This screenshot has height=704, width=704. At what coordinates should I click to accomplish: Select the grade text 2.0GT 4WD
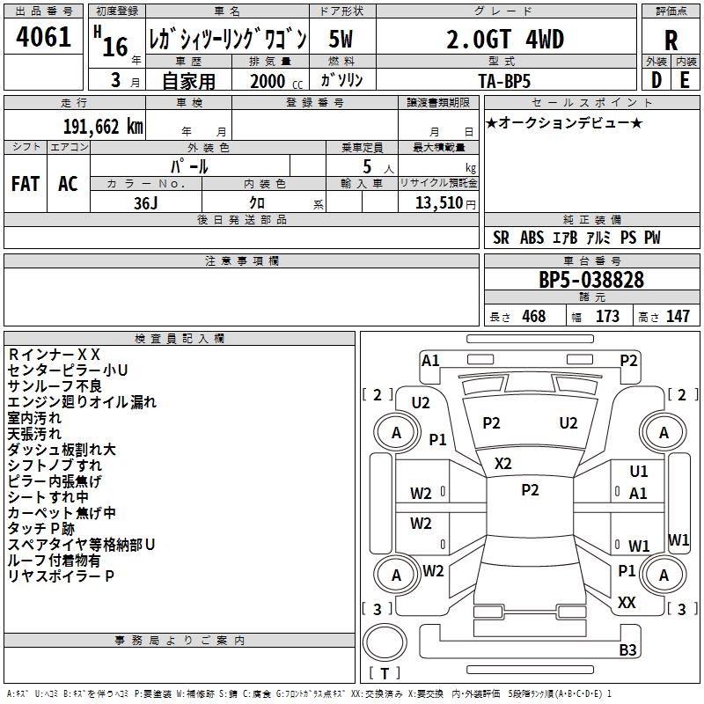click(505, 40)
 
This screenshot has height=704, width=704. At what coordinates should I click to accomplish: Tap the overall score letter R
click(671, 40)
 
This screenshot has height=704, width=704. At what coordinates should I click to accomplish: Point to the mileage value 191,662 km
click(102, 126)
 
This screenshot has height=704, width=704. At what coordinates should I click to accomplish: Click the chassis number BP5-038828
click(591, 280)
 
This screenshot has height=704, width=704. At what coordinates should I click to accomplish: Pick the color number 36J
click(146, 202)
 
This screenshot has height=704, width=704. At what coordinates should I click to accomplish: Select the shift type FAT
click(25, 184)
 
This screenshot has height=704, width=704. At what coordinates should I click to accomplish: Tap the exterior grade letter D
click(656, 80)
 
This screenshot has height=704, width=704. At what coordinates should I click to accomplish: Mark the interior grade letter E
click(685, 80)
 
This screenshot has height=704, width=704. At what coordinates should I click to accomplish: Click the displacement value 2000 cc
click(275, 81)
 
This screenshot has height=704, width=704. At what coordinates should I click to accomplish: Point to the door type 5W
click(341, 40)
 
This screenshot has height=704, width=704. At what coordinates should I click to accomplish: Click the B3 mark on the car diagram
click(627, 650)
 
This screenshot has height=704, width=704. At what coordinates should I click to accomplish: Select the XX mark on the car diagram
click(627, 603)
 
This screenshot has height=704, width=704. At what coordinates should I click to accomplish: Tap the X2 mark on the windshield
click(503, 464)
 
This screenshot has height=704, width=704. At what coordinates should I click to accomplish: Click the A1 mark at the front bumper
click(430, 360)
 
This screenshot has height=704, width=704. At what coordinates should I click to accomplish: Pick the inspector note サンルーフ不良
click(55, 386)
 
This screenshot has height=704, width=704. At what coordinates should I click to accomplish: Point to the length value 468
click(533, 317)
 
